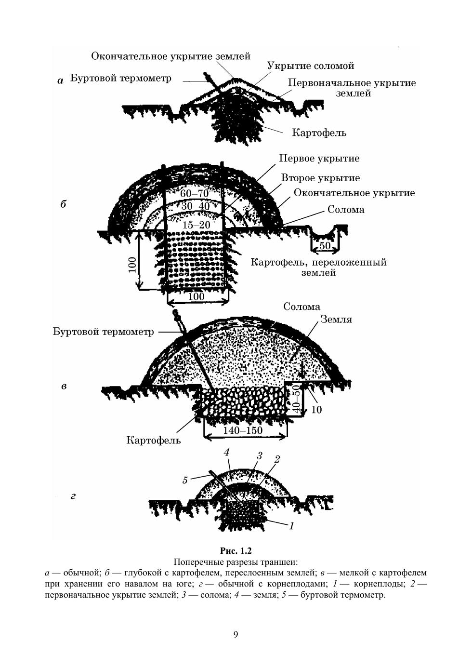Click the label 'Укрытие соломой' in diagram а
click(311, 66)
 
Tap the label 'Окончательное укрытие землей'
click(171, 56)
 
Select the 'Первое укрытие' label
click(319, 159)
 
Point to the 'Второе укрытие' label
click(321, 178)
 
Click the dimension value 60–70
click(194, 194)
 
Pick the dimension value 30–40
click(196, 206)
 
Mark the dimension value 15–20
click(197, 225)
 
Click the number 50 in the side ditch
click(325, 245)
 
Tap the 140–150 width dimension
click(243, 430)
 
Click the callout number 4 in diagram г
click(227, 453)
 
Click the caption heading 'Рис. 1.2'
click(236, 550)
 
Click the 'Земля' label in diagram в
click(336, 320)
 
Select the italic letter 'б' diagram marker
click(63, 204)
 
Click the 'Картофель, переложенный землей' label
click(318, 267)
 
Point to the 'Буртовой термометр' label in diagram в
click(104, 332)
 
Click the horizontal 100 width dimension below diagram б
click(197, 296)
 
